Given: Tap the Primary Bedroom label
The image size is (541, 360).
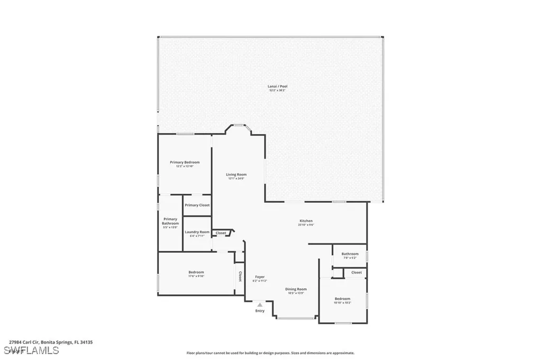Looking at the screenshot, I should point(184,162).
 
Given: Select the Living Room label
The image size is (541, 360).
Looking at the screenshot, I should point(236,174).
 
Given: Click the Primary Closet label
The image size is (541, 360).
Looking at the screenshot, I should point(197,205).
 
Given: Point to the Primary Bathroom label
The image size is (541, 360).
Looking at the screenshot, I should point(170,221).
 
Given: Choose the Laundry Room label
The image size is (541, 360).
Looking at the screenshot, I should point(197,232).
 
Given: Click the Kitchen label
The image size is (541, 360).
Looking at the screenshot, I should point(306,221).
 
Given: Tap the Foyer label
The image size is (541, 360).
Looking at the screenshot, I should point(259,277).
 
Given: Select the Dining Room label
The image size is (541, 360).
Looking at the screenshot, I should point(296,289).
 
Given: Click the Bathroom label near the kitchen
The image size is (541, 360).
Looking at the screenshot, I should point(350,253).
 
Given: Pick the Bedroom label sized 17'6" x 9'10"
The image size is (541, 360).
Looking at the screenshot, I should point(196,272).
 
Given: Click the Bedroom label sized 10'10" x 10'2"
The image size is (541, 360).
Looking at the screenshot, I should point(342,299).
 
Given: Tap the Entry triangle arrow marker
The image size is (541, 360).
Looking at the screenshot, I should point(259,305).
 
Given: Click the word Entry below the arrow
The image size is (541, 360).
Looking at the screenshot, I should point(259,311).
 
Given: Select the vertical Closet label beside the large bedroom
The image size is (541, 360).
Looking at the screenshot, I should point(240,276).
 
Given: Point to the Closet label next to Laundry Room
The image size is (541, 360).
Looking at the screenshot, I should point(221,233).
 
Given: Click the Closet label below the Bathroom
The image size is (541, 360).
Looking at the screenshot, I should point(357,272).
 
